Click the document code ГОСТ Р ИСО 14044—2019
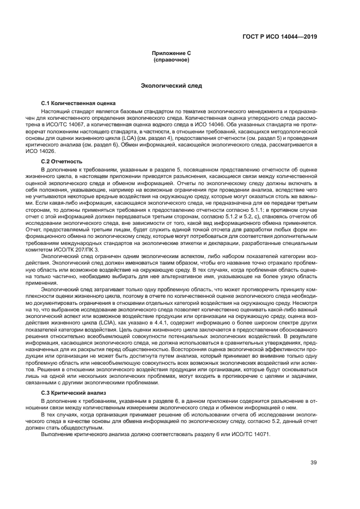279,38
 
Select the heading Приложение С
171,53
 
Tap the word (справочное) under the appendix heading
171,59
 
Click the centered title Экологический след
171,85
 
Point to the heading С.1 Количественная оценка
78,103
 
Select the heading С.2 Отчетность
62,162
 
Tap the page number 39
314,463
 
